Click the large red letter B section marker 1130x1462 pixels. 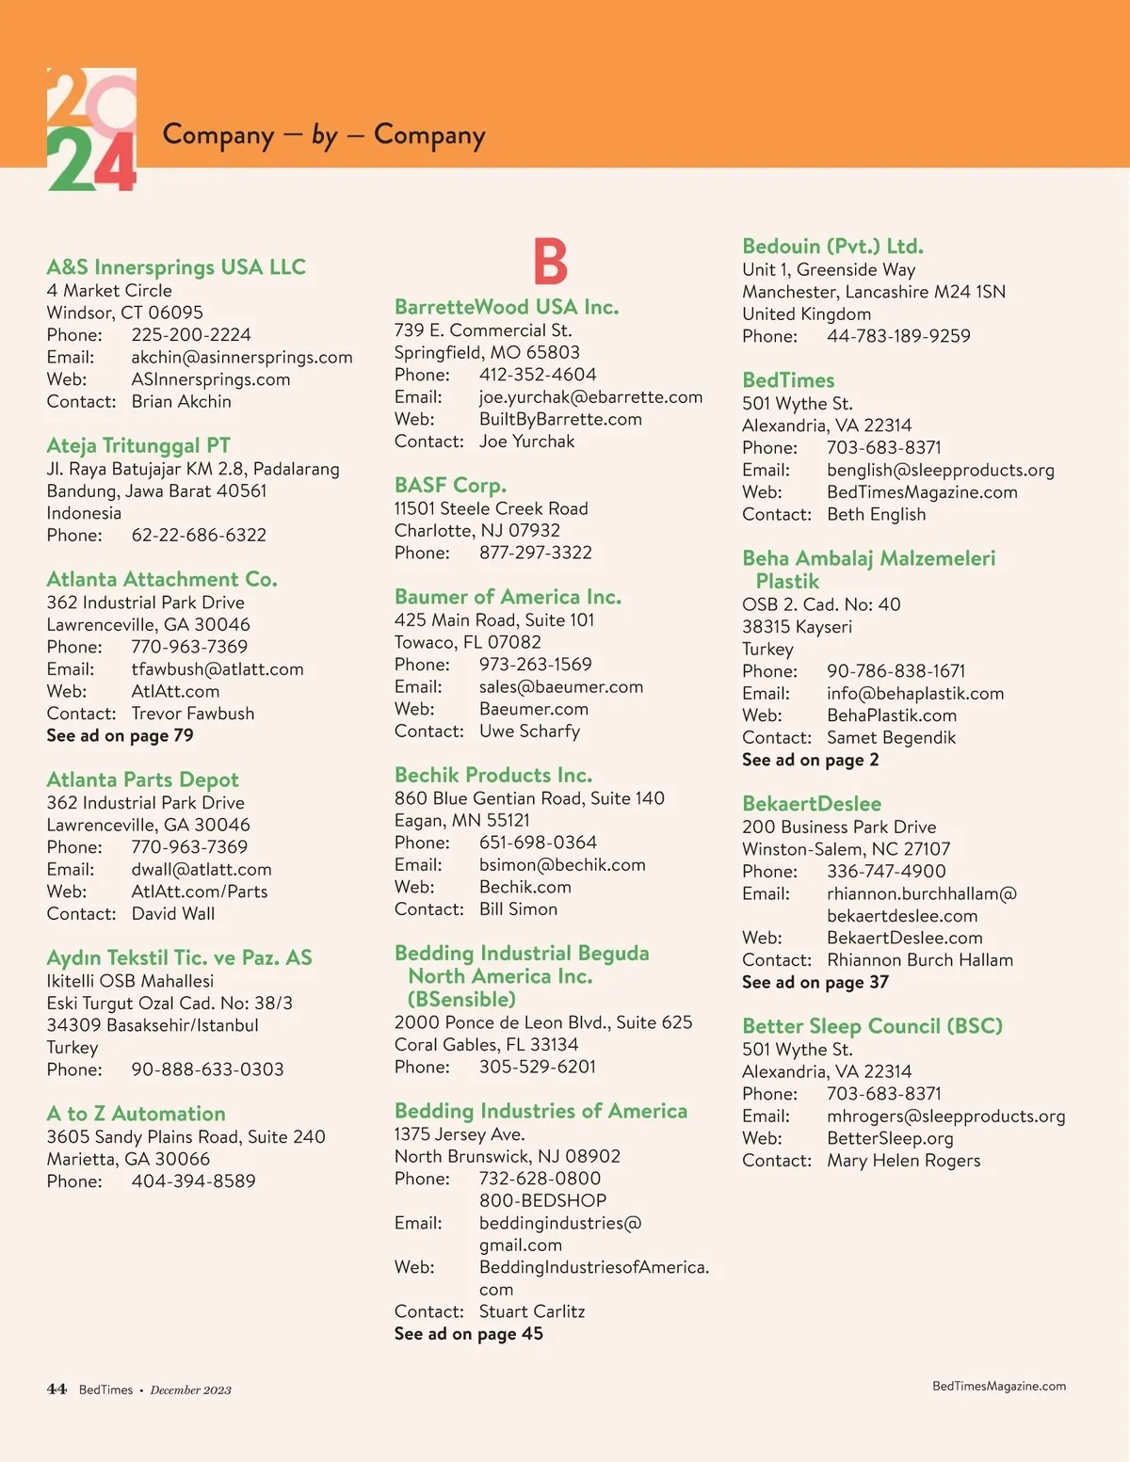pos(551,261)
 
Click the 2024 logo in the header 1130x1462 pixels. pos(91,130)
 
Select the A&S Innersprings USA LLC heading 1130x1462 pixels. pos(176,267)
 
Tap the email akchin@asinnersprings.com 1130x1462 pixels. pos(242,358)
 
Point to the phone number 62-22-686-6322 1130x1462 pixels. pos(199,536)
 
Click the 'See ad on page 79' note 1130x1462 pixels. pos(120,736)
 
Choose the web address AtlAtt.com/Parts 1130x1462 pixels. pos(200,892)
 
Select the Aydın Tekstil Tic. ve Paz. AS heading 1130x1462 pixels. pos(179,958)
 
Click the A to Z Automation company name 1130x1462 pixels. pos(136,1114)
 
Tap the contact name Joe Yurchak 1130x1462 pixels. pos(526,442)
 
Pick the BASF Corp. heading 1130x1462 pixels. pos(450,486)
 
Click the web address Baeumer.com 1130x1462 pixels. pos(533,709)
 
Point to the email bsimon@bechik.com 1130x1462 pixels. pos(562,865)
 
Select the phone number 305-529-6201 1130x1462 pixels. pos(537,1067)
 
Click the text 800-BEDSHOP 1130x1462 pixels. pos(542,1201)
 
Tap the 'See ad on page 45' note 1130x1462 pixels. pos(468,1334)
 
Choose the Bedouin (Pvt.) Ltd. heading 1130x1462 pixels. pos(832,247)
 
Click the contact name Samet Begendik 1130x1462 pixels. pos(891,738)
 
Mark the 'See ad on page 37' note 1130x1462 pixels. pos(815,983)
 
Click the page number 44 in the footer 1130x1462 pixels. pos(56,1390)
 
